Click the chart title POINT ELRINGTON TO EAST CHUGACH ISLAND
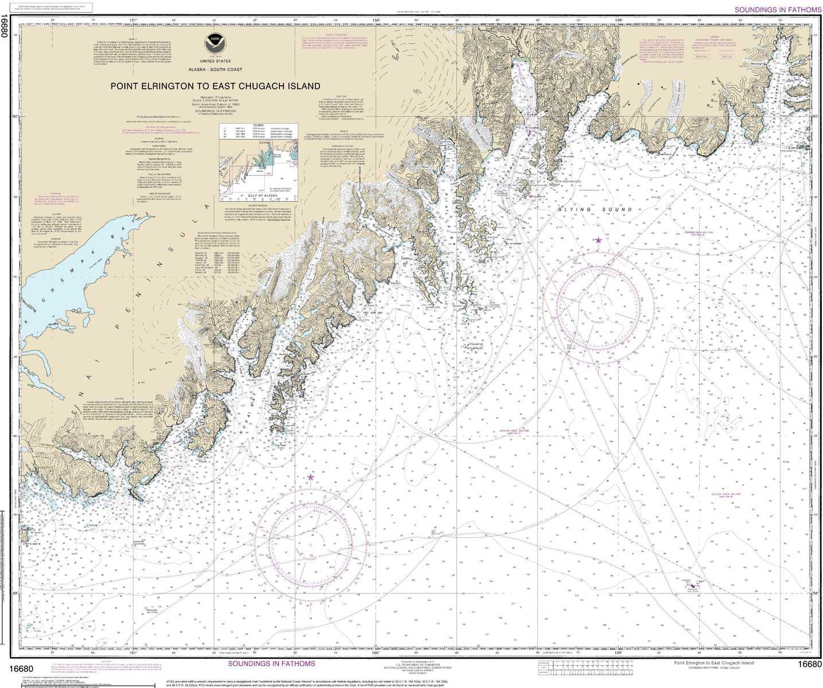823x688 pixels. point(215,86)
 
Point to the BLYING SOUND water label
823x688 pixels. point(595,210)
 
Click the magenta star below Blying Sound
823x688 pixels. point(599,240)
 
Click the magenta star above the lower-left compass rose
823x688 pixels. point(311,477)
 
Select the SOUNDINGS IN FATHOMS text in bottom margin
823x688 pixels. point(271,663)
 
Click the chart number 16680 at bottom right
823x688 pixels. point(809,664)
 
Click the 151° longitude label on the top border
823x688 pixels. point(133,20)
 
